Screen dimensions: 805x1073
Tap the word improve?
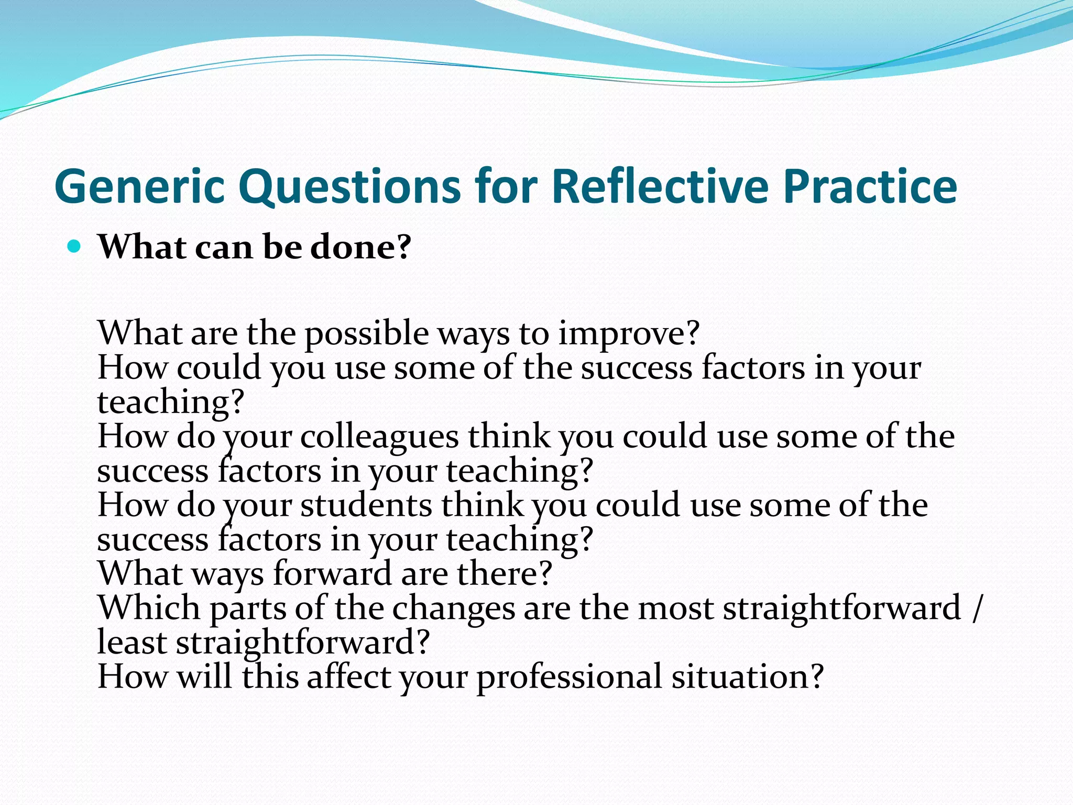628,333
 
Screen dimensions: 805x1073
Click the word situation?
748,677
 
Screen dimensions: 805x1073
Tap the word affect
348,677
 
